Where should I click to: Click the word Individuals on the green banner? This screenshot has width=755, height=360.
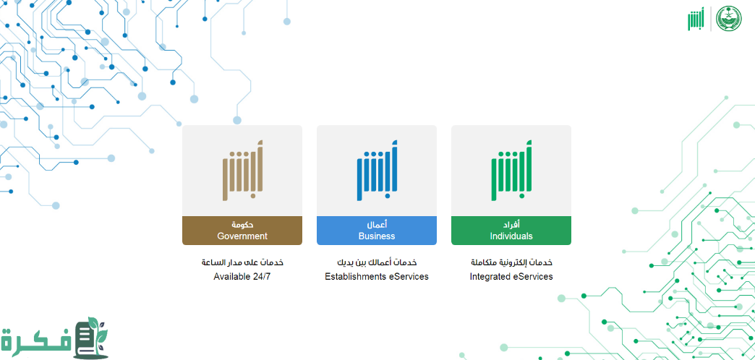click(x=511, y=236)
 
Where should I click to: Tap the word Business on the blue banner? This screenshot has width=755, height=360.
click(x=377, y=236)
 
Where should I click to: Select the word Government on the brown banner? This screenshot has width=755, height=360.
click(x=242, y=236)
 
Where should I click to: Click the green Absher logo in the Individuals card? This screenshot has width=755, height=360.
click(x=511, y=171)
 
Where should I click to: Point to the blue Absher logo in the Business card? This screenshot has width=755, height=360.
click(x=377, y=171)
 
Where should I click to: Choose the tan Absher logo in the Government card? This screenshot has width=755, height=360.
click(x=243, y=171)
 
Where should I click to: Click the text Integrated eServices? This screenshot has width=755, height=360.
click(x=511, y=277)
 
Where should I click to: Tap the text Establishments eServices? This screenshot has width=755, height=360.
click(x=377, y=277)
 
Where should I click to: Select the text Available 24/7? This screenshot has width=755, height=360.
click(x=243, y=277)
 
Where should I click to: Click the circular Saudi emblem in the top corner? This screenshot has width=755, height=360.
click(x=729, y=20)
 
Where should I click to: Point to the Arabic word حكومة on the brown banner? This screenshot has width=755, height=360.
click(x=242, y=225)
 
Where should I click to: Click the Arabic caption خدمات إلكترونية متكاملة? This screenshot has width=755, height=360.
click(x=511, y=263)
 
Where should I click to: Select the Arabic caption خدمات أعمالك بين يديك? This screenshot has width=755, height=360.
click(x=377, y=263)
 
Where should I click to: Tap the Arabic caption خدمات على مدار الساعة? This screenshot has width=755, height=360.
click(x=242, y=263)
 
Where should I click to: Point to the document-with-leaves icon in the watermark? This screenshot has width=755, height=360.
click(x=92, y=338)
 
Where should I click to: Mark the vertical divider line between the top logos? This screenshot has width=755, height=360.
click(x=711, y=20)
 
